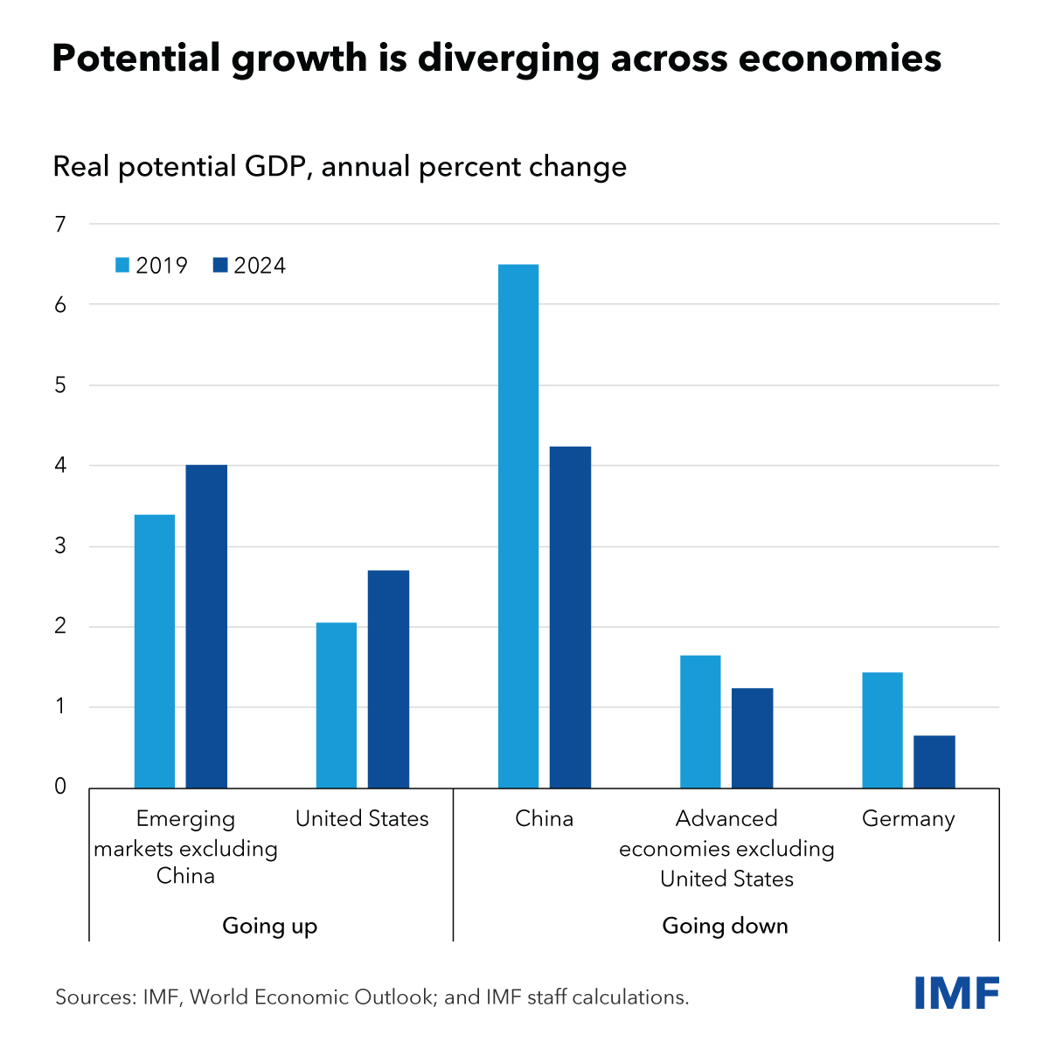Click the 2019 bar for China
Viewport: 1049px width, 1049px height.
(518, 525)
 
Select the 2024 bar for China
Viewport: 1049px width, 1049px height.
(570, 617)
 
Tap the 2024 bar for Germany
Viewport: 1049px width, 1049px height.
(934, 761)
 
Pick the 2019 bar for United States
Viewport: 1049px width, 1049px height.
(337, 705)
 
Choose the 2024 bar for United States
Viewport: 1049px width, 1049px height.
(388, 679)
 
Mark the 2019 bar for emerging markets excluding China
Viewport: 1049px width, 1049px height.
(155, 651)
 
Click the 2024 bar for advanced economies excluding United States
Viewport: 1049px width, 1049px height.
(752, 738)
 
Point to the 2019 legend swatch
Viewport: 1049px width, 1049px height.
(122, 265)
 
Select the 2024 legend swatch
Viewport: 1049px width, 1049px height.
(220, 265)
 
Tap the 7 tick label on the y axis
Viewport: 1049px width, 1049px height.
(60, 225)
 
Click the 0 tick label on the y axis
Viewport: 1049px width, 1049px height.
(60, 787)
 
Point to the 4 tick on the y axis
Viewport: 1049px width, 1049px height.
(60, 466)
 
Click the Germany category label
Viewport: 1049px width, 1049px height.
(908, 819)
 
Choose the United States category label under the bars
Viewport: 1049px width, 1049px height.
(362, 819)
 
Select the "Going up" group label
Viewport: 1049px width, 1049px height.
(270, 926)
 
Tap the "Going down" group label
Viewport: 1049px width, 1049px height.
(726, 926)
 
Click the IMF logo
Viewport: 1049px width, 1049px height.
(957, 993)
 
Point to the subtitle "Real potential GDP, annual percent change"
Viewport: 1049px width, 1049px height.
(340, 166)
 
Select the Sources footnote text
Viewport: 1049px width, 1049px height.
(372, 997)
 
